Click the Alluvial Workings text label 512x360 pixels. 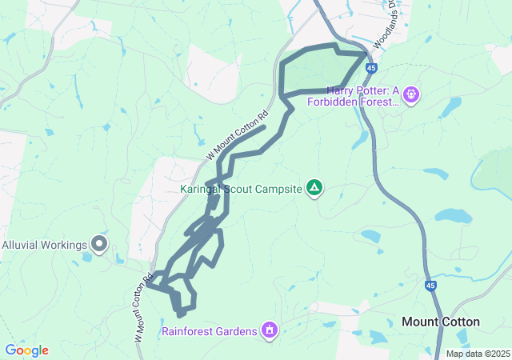point(43,245)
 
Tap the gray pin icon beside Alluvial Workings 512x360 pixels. point(99,242)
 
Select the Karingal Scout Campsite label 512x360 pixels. point(240,190)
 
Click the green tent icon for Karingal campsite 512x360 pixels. point(315,189)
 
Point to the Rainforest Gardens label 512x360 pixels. point(209,330)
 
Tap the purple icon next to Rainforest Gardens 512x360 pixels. point(270,330)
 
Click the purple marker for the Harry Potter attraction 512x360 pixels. point(412,94)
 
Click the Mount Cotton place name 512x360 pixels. point(440,322)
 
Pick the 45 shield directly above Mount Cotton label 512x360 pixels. point(430,285)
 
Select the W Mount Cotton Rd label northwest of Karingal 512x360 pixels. point(247,132)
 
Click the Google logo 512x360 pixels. point(26,350)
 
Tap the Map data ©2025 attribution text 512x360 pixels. point(478,354)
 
